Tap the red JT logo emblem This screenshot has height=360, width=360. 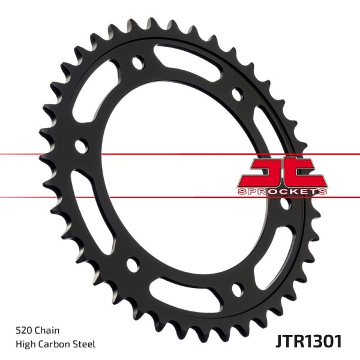pos(283,172)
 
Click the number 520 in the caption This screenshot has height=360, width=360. pos(23,330)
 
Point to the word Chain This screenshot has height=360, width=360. pos(46,330)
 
